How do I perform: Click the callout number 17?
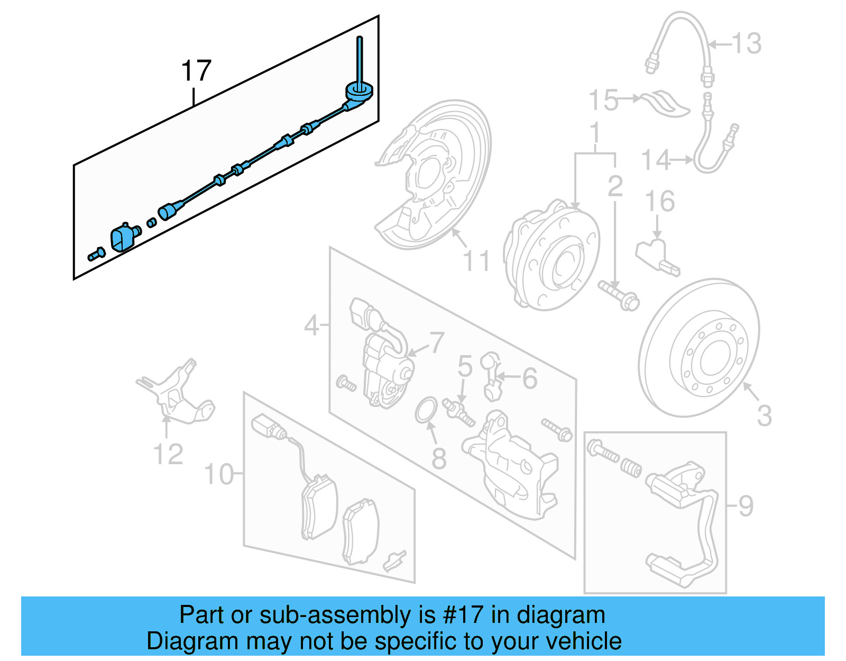tap(196, 71)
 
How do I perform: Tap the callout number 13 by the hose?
tap(747, 43)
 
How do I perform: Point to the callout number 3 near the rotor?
tap(765, 415)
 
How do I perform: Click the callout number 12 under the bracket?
tap(168, 454)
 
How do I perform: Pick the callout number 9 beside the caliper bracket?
tap(746, 506)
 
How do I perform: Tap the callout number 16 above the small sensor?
tap(660, 202)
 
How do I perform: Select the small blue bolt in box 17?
tap(96, 255)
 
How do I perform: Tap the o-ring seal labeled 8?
tap(426, 410)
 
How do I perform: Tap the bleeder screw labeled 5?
tap(459, 412)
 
